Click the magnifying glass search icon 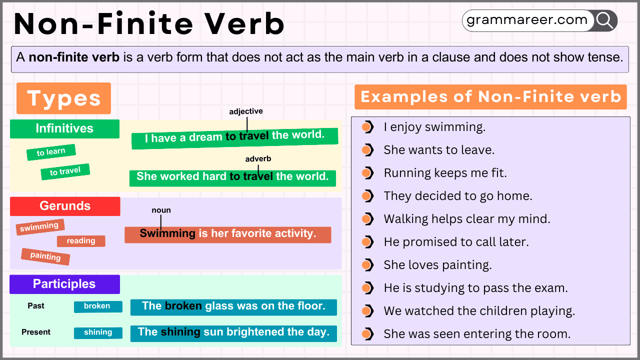point(604,20)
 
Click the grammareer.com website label point(527,20)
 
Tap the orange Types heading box point(63,98)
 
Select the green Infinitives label point(64,129)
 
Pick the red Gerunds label point(65,206)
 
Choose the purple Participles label point(64,284)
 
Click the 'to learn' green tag point(51,152)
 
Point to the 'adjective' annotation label point(246,111)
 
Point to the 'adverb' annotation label point(258,158)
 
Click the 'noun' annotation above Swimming point(161,210)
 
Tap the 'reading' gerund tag point(81,241)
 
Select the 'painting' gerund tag point(45,256)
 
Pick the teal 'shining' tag point(98,332)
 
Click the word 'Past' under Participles point(36,305)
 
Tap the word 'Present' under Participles point(36,332)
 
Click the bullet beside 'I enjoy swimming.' point(367,127)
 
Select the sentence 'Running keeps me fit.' point(445,173)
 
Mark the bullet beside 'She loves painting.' point(367,265)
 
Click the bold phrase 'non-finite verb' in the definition point(74,57)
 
